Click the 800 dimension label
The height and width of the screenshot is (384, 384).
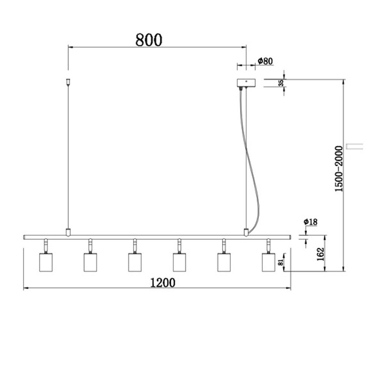[149, 39]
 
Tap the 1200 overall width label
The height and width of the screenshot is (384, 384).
[162, 283]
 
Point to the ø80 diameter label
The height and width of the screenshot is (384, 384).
[265, 61]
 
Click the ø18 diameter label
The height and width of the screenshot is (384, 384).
[310, 222]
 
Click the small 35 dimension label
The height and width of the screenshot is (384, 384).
[281, 83]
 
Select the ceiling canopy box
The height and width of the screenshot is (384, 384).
[246, 83]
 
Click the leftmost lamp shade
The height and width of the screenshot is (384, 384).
[46, 262]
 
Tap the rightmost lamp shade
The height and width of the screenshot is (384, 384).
[268, 262]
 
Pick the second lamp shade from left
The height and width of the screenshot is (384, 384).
[90, 262]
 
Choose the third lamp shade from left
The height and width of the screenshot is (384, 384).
[135, 262]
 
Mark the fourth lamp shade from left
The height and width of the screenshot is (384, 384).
[179, 262]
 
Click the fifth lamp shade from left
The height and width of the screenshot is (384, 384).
[224, 262]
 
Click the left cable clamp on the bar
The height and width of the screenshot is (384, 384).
[68, 232]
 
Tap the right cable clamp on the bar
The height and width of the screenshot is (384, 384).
[246, 232]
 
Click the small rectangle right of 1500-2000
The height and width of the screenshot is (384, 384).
[354, 146]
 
